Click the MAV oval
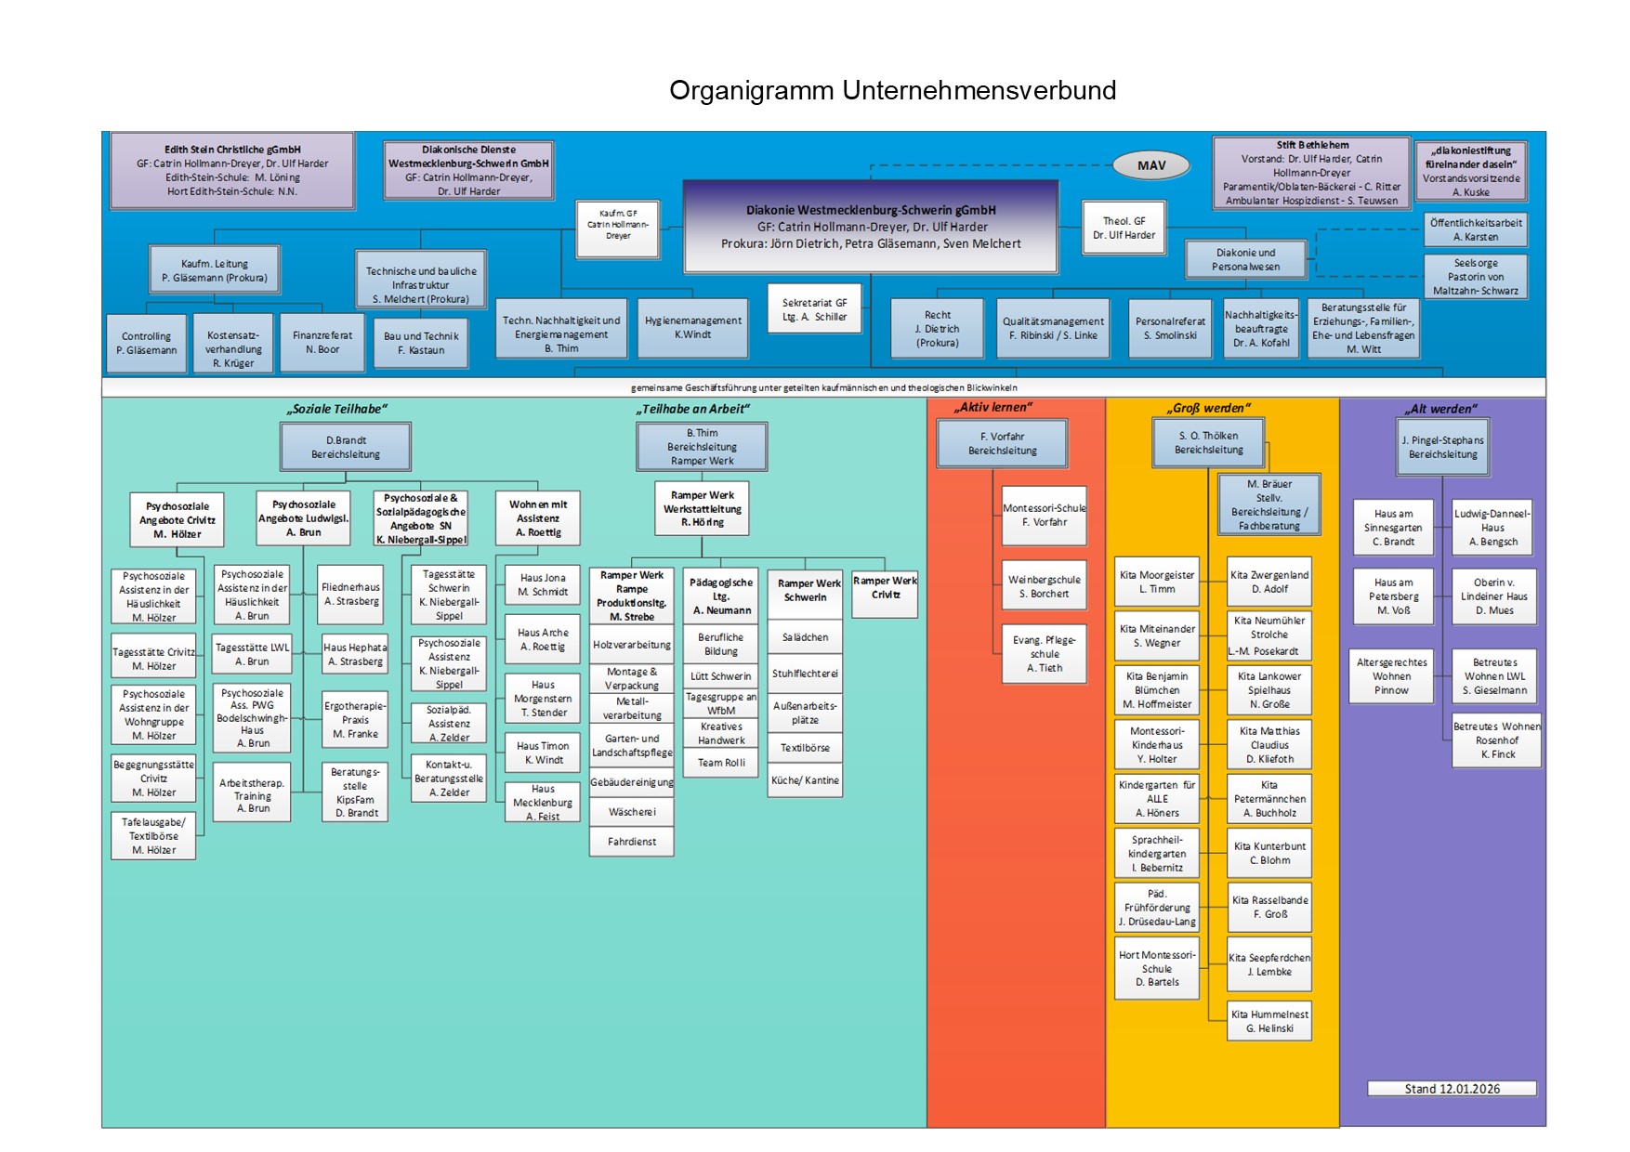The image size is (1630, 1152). pyautogui.click(x=1150, y=165)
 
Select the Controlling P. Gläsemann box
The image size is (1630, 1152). pyautogui.click(x=146, y=344)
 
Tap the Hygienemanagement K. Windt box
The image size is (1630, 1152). pyautogui.click(x=692, y=327)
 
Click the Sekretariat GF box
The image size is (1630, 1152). pyautogui.click(x=814, y=309)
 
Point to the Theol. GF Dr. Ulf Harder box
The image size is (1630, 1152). pyautogui.click(x=1124, y=228)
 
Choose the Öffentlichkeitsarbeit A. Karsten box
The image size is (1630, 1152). pyautogui.click(x=1476, y=229)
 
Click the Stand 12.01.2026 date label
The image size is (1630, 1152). pyautogui.click(x=1451, y=1089)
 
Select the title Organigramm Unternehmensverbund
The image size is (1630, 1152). pyautogui.click(x=892, y=90)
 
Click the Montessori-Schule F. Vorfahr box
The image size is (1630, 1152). pyautogui.click(x=1044, y=516)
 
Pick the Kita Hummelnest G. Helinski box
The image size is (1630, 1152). pyautogui.click(x=1269, y=1021)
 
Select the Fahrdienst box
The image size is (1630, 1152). pyautogui.click(x=631, y=842)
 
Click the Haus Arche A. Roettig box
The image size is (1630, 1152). pyautogui.click(x=543, y=639)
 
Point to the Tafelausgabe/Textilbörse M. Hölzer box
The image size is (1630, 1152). pyautogui.click(x=153, y=836)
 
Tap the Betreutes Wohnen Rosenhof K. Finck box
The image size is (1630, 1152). pyautogui.click(x=1496, y=740)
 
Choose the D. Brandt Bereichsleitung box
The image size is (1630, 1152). pyautogui.click(x=345, y=447)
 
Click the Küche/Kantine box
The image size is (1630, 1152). pyautogui.click(x=805, y=780)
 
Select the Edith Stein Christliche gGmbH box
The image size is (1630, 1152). pyautogui.click(x=232, y=170)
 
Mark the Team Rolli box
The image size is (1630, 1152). pyautogui.click(x=721, y=763)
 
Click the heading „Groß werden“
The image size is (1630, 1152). pyautogui.click(x=1208, y=408)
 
